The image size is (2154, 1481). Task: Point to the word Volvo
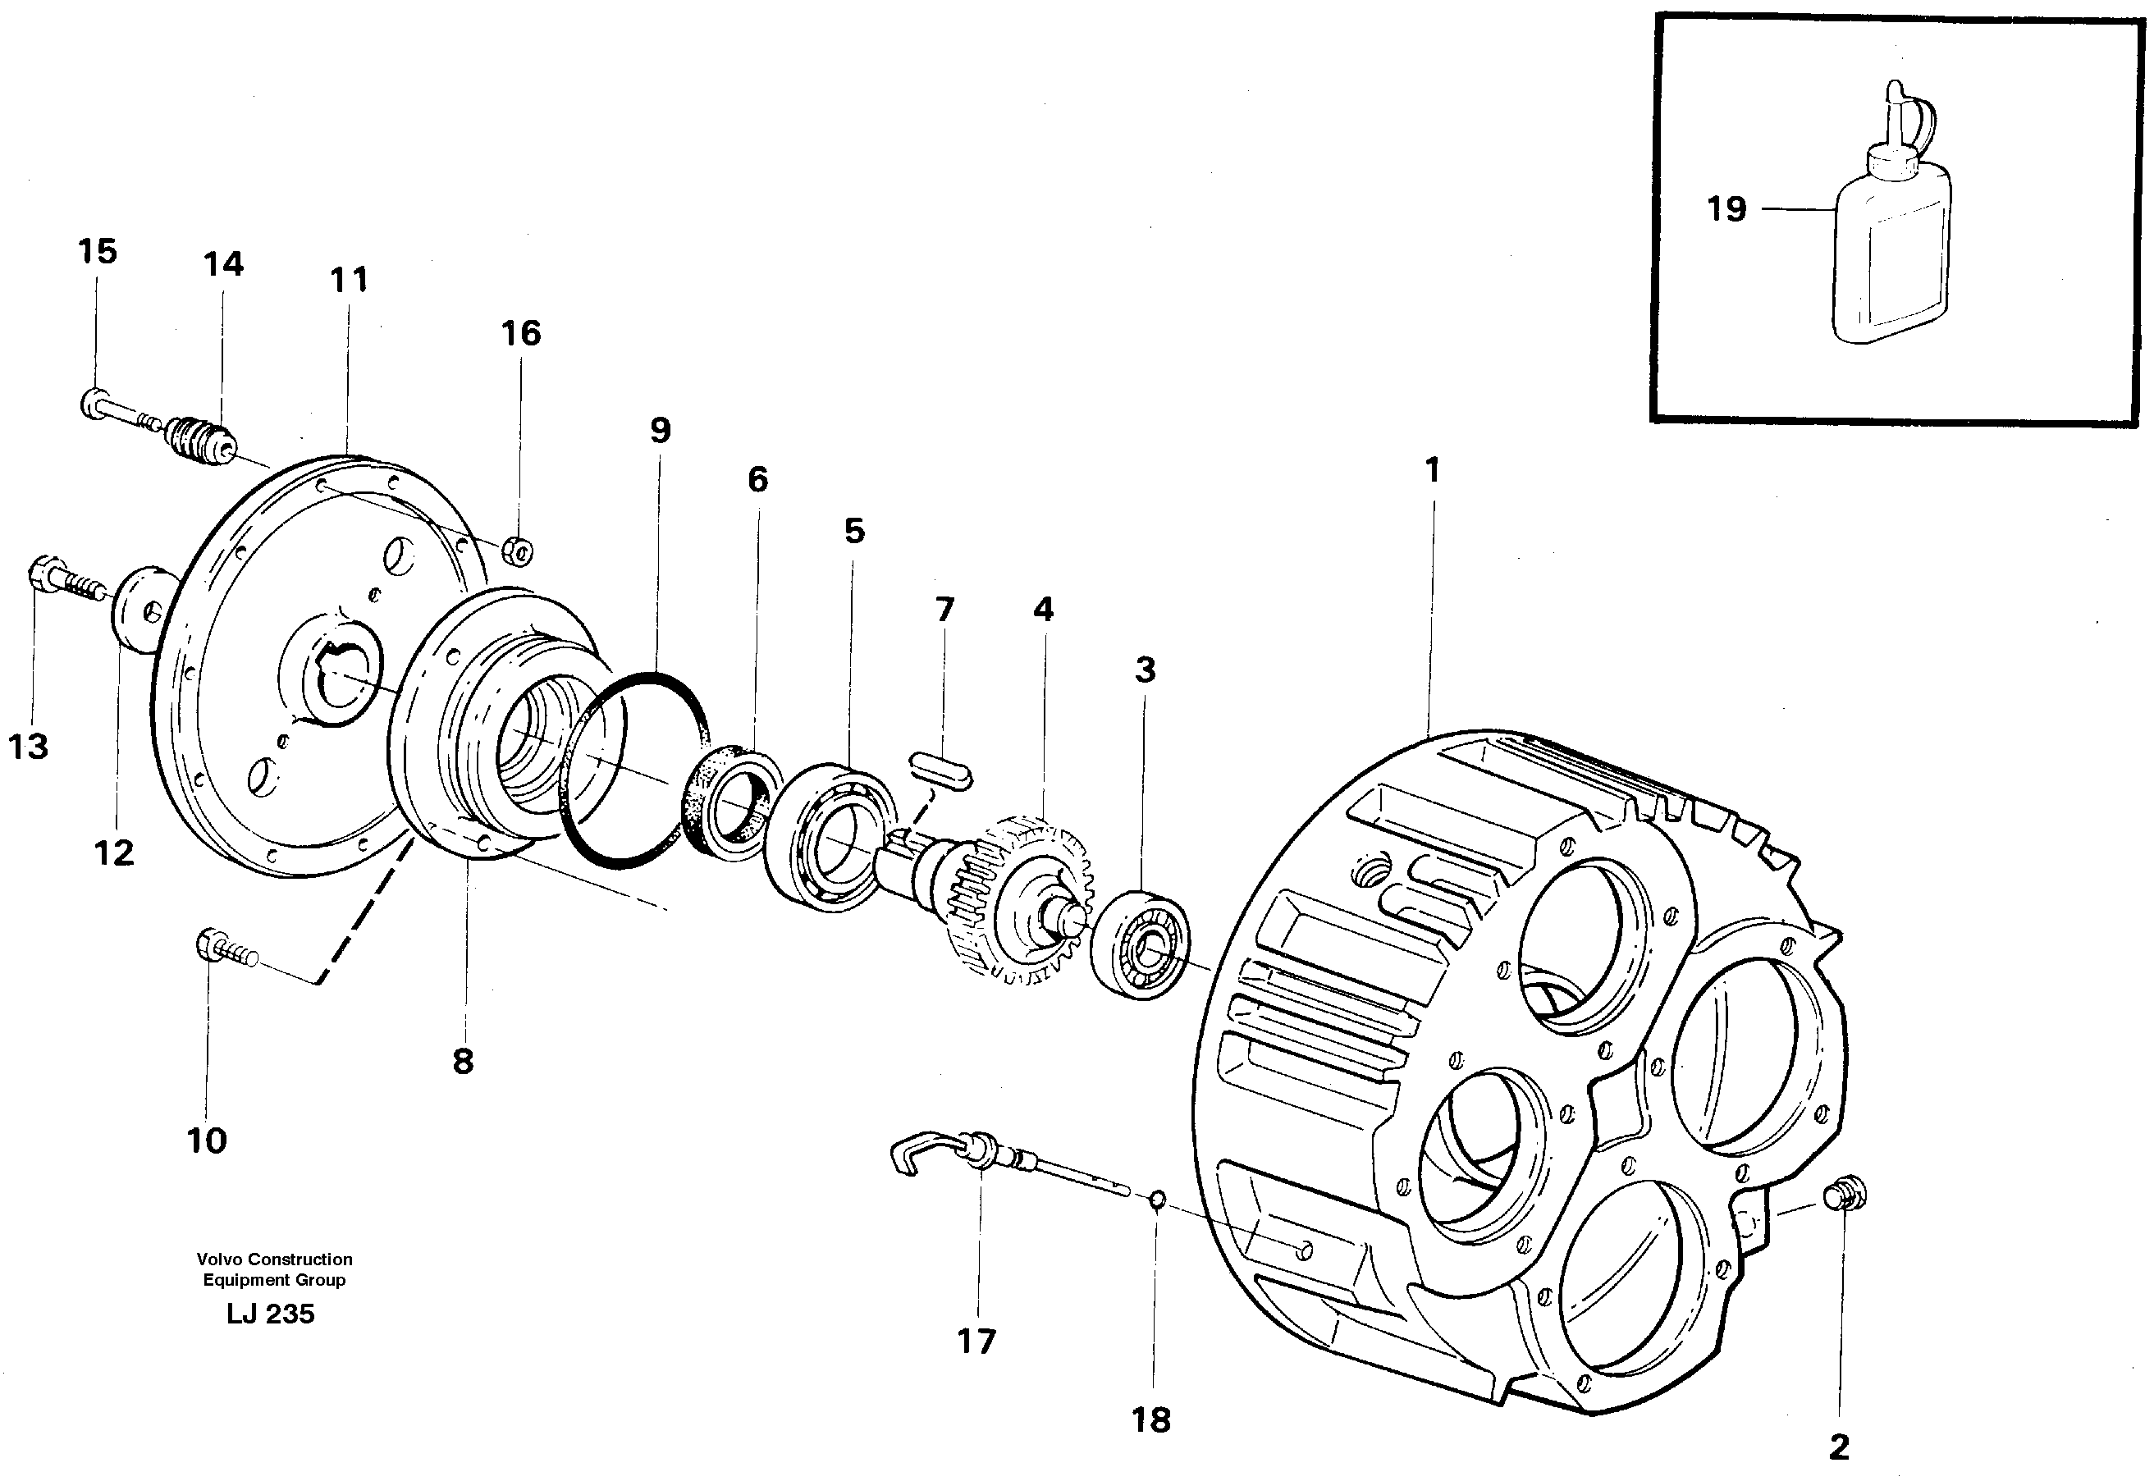pyautogui.click(x=219, y=1260)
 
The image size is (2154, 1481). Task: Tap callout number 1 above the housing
pyautogui.click(x=1432, y=470)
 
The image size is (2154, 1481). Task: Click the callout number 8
pyautogui.click(x=463, y=1062)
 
